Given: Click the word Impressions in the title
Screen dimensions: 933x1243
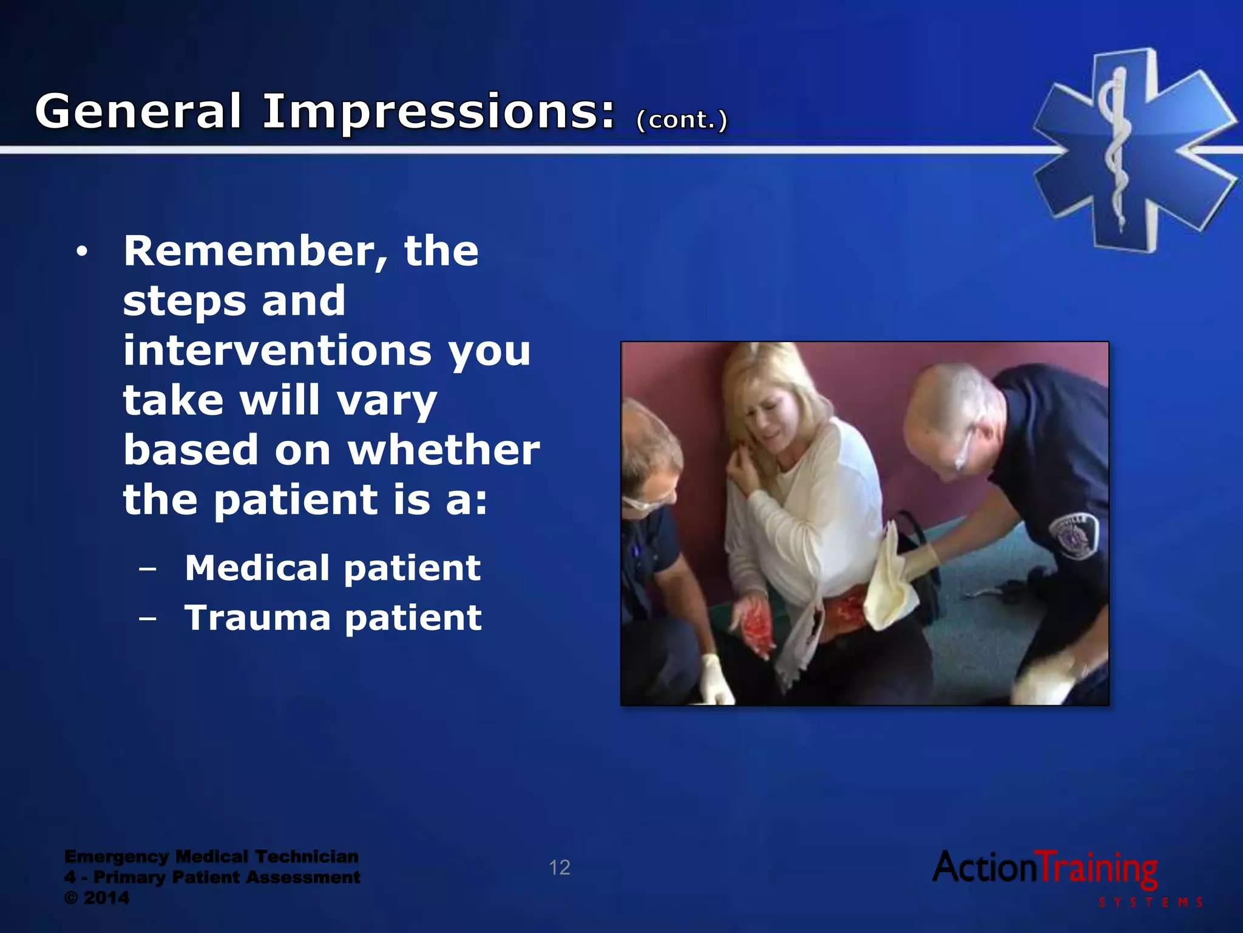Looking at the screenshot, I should coord(438,112).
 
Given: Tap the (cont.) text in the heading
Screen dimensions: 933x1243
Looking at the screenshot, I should coord(681,120).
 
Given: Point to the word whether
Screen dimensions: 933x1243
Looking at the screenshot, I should coord(443,450).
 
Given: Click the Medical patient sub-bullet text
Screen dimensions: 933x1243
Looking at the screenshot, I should coord(333,568).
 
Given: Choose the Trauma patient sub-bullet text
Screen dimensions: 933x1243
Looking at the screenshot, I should coord(333,618).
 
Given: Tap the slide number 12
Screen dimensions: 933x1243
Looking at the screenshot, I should coord(559,867).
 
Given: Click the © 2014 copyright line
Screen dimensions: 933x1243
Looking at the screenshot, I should coord(97,898).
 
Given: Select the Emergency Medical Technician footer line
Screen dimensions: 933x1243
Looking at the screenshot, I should coord(211,856).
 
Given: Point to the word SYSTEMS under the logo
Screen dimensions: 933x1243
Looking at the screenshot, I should coord(1150,903).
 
